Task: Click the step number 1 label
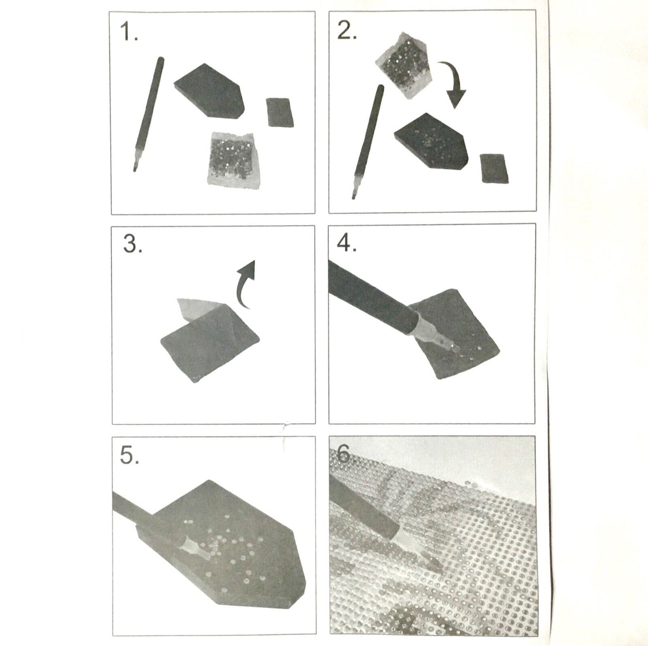pos(129,32)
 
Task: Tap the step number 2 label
pos(347,31)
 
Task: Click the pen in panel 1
pos(148,114)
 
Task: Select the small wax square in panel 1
pos(280,112)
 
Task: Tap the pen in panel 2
pos(368,142)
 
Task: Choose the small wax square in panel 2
pos(494,168)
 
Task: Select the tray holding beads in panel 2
pos(431,141)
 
